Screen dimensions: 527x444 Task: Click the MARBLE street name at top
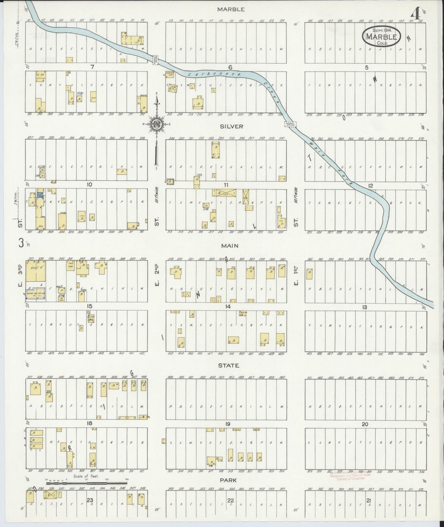point(231,9)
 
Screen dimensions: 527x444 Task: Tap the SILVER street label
point(231,126)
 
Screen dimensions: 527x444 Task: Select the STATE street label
point(228,366)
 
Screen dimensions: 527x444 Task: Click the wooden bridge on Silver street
point(290,125)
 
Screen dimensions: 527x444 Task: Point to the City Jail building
point(91,318)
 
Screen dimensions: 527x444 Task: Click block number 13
point(365,307)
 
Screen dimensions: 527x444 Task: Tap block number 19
point(227,432)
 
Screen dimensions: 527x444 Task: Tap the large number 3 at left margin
point(21,243)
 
